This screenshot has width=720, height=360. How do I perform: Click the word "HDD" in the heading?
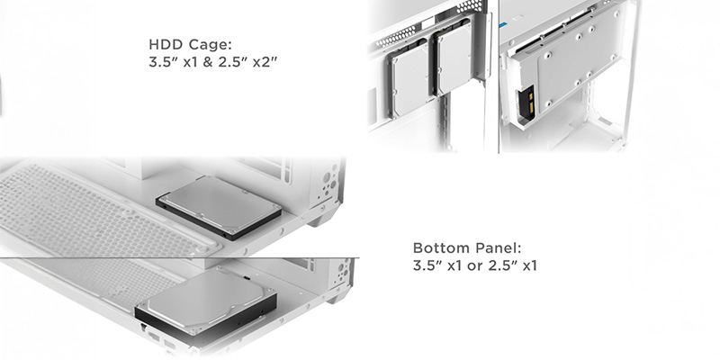point(165,45)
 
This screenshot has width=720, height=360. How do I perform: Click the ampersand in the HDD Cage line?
point(208,62)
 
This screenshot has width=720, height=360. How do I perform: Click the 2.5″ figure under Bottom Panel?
point(503,265)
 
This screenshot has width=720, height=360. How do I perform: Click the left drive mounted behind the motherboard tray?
point(409,78)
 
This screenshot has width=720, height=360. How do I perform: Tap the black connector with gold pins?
point(526,102)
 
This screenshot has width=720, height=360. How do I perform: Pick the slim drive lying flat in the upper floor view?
point(219,208)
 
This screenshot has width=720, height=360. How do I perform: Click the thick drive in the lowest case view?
point(206,304)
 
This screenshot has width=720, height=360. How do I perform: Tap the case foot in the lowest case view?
point(339,294)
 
